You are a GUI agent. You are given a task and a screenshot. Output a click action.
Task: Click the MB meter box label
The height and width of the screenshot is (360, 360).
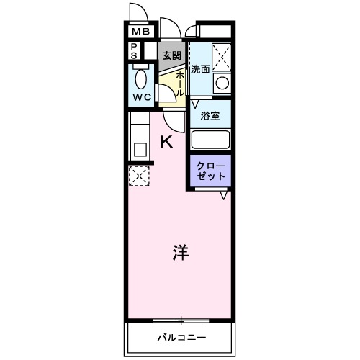(x=141, y=32)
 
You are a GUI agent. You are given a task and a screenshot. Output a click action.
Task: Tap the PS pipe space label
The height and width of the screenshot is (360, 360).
(x=135, y=52)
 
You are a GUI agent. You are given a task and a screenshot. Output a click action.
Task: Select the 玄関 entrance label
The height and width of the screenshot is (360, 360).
(x=171, y=55)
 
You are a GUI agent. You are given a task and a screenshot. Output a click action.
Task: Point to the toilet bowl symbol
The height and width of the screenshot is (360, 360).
(x=140, y=78)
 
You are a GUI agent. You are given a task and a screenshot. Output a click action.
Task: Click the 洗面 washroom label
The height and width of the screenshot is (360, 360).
(x=200, y=70)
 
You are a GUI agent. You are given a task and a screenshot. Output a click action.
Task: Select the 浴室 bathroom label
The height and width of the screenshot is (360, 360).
(x=210, y=115)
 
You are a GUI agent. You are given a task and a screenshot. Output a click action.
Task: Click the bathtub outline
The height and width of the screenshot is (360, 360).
(x=210, y=139)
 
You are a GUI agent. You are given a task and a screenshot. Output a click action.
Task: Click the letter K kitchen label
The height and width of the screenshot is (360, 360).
(x=166, y=142)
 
